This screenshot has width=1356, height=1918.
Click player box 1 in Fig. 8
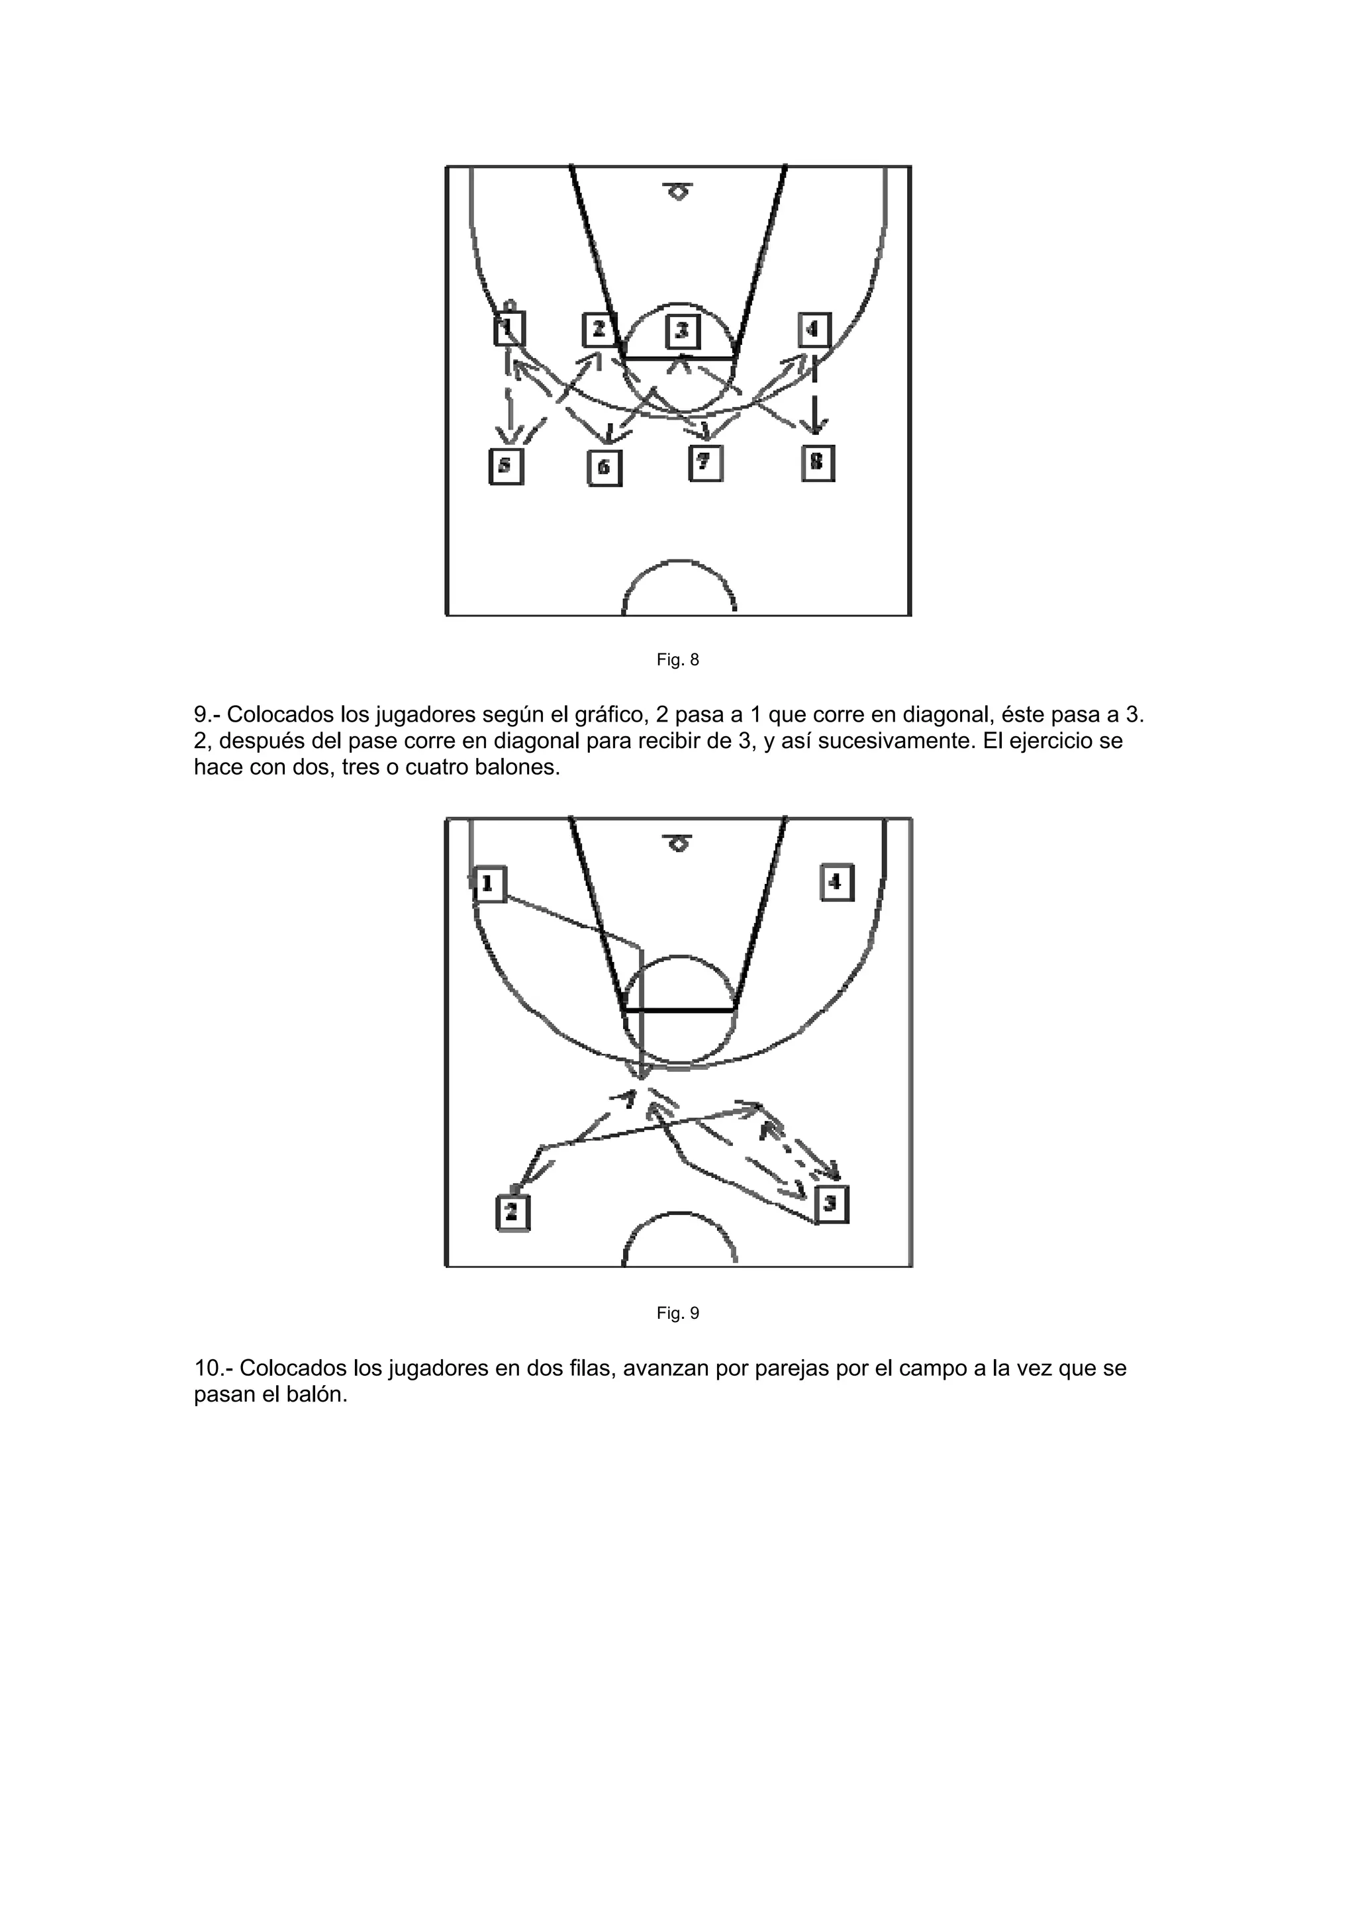pos(508,328)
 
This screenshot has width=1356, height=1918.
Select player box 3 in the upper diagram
pos(682,331)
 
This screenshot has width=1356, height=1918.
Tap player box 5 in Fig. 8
pos(505,466)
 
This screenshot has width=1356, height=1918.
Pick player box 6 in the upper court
pos(604,468)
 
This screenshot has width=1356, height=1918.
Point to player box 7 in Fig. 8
pos(705,463)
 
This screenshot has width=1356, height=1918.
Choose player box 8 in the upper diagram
pos(817,463)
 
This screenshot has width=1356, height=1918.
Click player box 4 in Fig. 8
pos(813,329)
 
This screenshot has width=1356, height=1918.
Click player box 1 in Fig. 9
pos(489,884)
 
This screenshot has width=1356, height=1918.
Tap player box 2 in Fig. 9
pos(512,1212)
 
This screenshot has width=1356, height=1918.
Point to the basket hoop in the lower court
pos(679,845)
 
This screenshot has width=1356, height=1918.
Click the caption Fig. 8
pos(677,660)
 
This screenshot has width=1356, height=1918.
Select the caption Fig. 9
pos(677,1314)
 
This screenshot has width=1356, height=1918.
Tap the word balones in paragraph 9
pos(518,767)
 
